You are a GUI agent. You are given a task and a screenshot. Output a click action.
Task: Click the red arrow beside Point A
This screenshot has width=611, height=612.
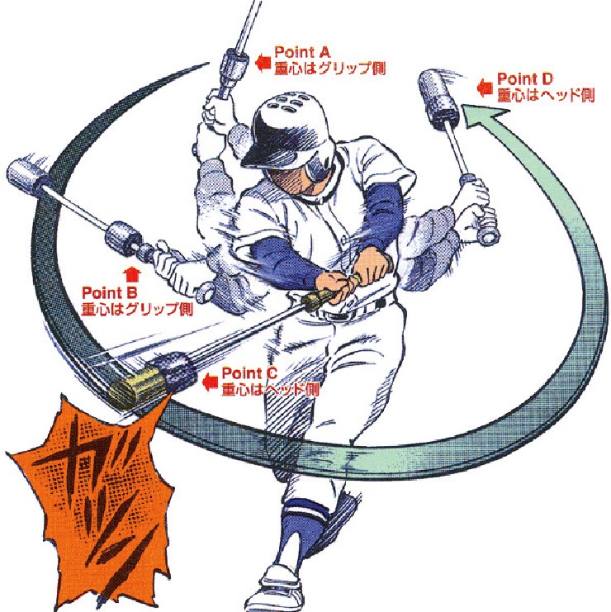263,62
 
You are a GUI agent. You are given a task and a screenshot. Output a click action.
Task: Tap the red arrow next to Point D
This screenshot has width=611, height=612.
485,88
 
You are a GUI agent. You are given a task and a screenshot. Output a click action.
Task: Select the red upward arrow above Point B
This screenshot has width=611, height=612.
133,274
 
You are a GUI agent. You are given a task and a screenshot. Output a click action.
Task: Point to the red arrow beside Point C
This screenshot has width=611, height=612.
211,382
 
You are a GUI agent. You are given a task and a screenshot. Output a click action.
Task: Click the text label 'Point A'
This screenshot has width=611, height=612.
302,52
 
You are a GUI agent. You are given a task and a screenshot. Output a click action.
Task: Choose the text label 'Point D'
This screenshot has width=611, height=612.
525,79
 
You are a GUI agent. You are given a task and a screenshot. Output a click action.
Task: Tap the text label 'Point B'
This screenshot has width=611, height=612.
110,292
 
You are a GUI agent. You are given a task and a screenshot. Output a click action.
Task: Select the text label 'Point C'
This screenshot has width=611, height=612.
249,372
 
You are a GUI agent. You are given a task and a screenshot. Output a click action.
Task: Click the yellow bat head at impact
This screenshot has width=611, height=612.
135,387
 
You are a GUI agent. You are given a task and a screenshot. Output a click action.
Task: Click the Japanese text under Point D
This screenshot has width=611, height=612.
546,95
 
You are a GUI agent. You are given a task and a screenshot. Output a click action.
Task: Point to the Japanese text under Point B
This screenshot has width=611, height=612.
137,309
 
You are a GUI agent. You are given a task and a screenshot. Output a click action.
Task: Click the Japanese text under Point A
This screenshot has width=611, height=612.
330,68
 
